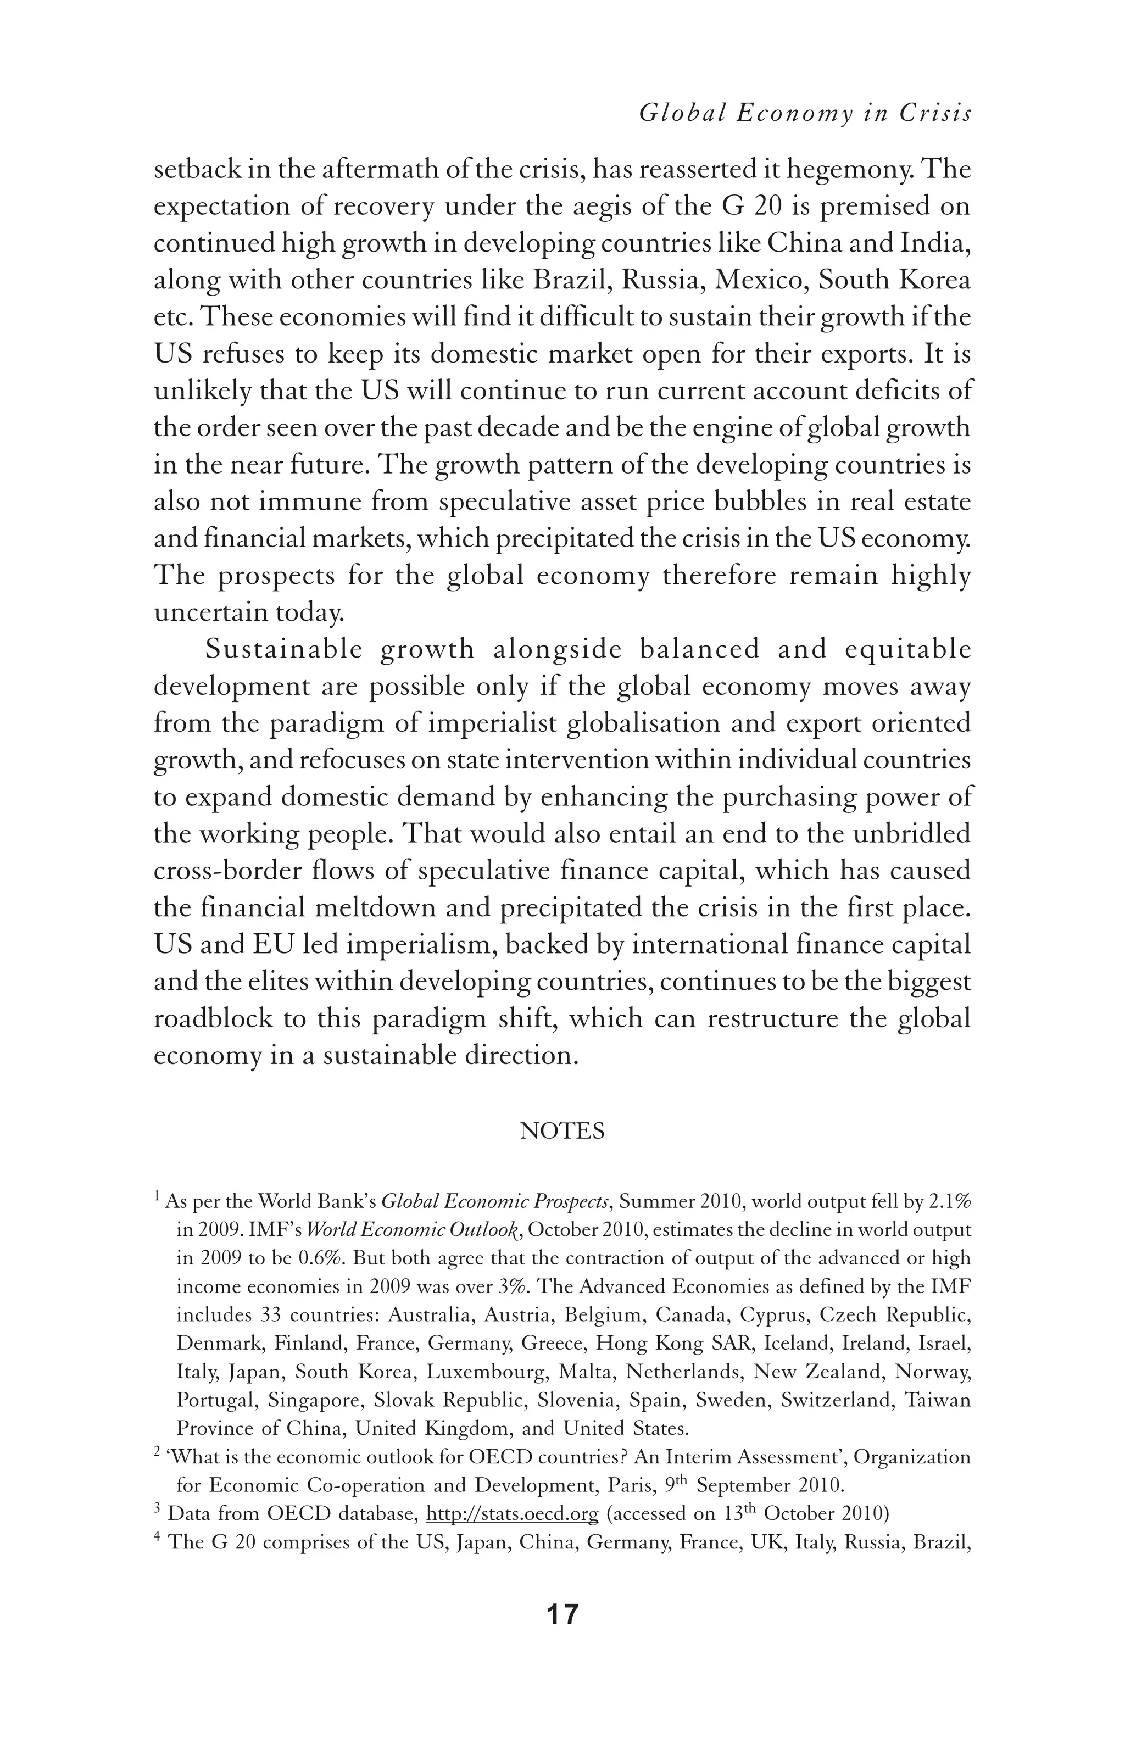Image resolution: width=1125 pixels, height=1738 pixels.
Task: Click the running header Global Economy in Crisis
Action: point(805,113)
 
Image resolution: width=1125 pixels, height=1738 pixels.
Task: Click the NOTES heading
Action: point(562,1131)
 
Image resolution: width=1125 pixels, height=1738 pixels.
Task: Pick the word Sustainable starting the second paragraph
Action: point(285,649)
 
